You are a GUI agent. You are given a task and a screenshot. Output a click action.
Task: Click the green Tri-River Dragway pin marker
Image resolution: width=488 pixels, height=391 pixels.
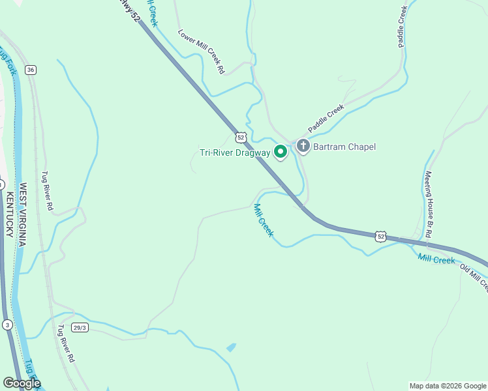click(x=281, y=152)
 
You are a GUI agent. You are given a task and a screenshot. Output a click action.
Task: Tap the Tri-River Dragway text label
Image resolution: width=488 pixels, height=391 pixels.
click(x=234, y=153)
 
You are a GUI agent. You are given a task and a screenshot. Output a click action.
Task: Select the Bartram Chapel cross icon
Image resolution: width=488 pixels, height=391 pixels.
click(x=303, y=146)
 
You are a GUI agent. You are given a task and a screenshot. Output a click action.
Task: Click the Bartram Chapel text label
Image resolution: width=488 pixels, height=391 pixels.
click(x=344, y=147)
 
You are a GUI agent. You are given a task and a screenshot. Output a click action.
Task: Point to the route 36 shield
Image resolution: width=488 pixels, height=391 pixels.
click(x=31, y=70)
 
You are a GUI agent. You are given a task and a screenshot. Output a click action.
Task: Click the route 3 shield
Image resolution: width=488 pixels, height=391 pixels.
click(x=7, y=325)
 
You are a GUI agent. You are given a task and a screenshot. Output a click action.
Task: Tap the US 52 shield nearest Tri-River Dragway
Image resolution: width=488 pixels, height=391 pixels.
click(x=241, y=137)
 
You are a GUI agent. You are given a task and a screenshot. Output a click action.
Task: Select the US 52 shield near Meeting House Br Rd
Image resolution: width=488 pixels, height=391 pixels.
click(x=381, y=236)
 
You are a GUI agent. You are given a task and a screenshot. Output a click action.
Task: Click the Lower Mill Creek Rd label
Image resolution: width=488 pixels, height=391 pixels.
click(x=202, y=51)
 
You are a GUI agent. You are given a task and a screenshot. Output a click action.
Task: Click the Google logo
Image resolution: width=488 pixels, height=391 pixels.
click(x=22, y=383)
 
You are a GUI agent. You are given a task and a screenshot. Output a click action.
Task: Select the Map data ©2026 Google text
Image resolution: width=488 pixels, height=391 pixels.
click(x=447, y=386)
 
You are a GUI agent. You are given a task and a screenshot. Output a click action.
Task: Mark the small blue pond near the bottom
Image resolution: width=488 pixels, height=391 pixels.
click(x=231, y=347)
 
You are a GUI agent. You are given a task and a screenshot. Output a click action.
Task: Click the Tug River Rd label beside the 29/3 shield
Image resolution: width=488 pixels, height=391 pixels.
click(x=67, y=344)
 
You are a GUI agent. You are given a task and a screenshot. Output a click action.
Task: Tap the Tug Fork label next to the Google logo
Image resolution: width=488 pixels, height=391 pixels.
click(x=33, y=371)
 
